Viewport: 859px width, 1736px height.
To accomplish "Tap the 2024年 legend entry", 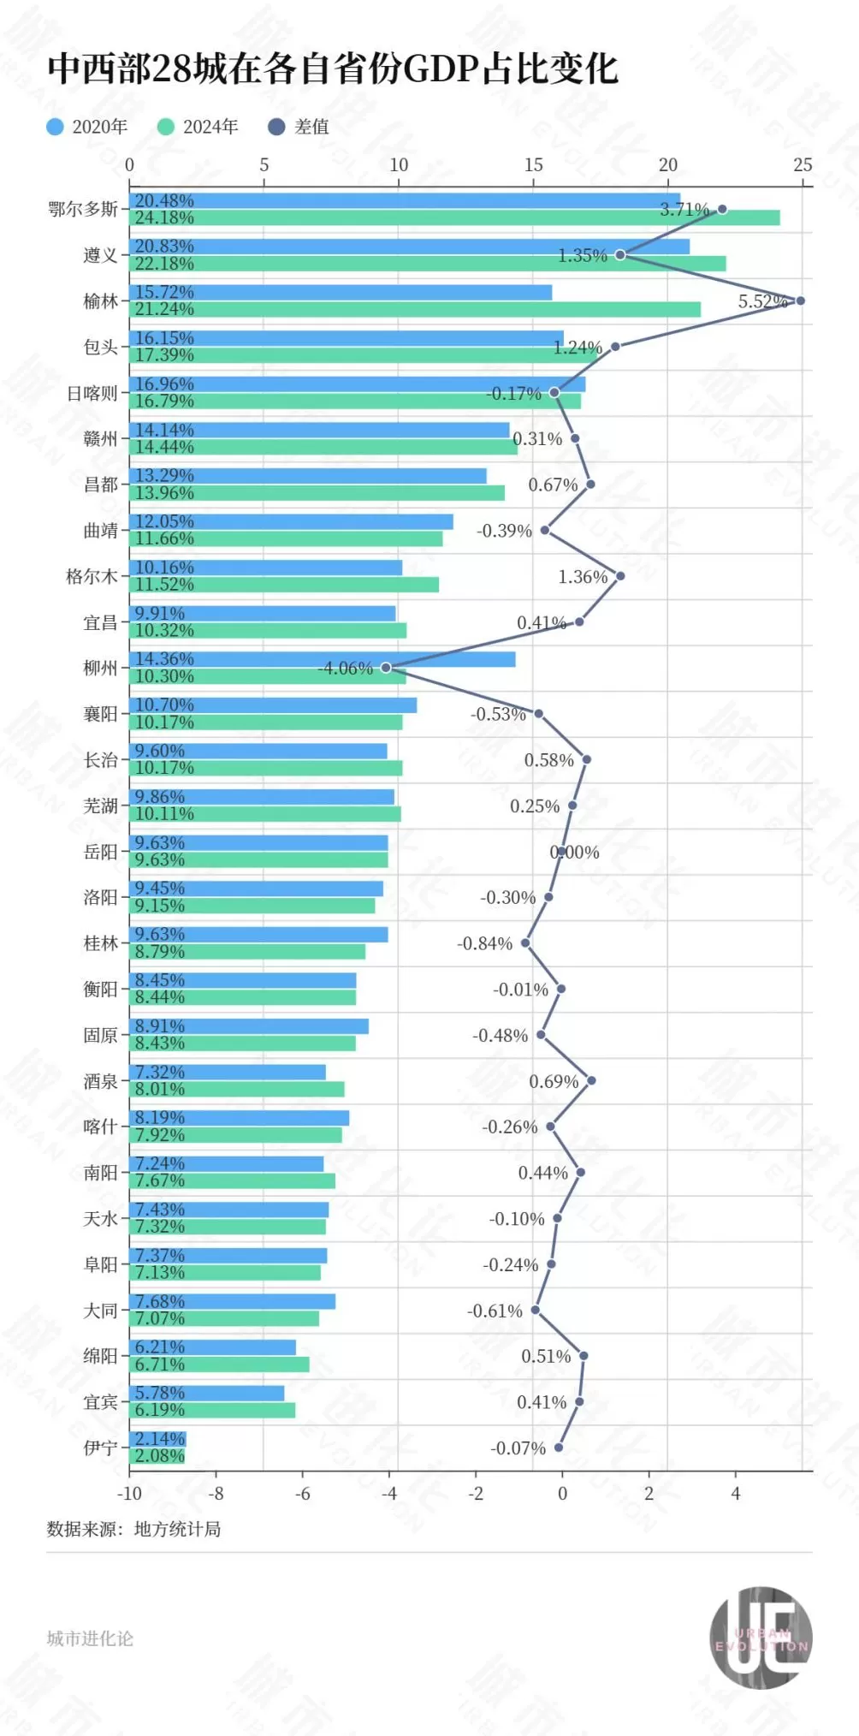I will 198,127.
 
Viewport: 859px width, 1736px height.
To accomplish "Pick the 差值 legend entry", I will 299,127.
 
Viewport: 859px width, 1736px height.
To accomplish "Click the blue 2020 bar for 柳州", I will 323,659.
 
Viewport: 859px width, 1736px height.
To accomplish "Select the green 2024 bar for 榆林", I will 415,309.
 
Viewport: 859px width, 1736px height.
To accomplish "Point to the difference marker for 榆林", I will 800,300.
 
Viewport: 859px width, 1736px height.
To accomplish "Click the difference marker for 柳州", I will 386,668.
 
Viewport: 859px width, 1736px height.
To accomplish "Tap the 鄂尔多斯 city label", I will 83,209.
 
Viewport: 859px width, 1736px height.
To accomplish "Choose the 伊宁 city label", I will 100,1448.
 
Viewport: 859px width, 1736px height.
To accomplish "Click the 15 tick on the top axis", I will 533,165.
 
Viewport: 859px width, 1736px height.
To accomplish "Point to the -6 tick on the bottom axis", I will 302,1494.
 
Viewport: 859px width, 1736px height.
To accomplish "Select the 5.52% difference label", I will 762,301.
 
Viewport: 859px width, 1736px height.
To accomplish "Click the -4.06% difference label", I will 346,669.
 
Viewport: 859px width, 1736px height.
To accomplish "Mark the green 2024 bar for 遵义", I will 428,264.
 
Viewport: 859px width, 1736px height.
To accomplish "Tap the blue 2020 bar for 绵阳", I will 213,1347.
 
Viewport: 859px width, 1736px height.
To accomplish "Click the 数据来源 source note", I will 133,1529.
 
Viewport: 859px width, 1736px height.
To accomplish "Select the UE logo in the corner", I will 761,1638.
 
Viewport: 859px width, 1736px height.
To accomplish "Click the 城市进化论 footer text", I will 90,1638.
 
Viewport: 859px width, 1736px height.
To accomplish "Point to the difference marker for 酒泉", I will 591,1080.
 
